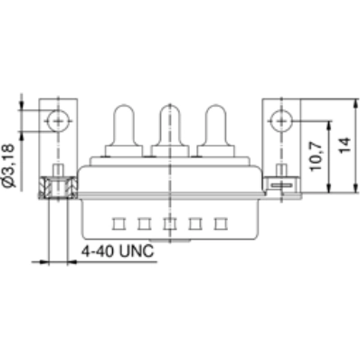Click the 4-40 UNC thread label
point(114,249)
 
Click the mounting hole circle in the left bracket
point(59,118)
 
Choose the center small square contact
point(168,222)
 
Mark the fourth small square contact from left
point(193,222)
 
